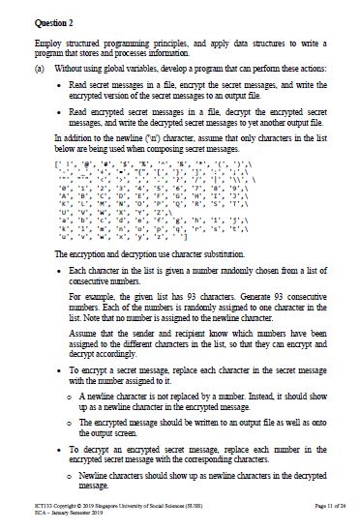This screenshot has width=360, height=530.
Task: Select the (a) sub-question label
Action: [x=38, y=71]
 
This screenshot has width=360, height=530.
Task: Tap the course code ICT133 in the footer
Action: [x=42, y=508]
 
